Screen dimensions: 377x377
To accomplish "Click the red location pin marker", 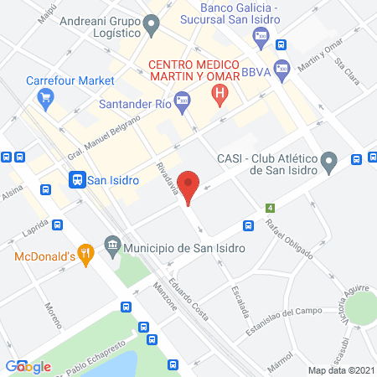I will click(189, 187).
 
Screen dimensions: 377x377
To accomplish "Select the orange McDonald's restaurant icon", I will click(85, 252).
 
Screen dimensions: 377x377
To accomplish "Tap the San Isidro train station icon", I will click(76, 178).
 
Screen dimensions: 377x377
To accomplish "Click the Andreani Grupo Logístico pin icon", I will click(151, 26).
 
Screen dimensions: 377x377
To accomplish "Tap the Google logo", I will click(28, 366).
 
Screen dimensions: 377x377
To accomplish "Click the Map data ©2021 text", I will click(340, 369).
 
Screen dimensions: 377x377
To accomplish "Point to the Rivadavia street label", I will click(166, 177).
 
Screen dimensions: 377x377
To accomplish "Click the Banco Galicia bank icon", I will click(261, 36).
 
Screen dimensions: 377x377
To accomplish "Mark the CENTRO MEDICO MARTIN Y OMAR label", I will click(194, 71).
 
